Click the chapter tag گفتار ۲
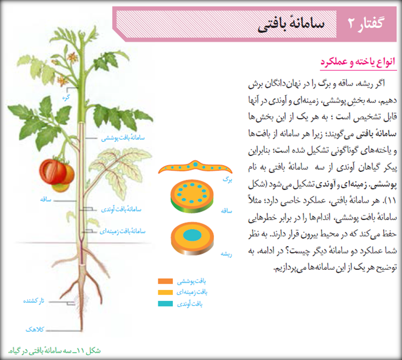366,24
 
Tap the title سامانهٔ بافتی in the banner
291,25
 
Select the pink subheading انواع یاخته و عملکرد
358,62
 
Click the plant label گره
66,97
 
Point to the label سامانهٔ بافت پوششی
123,138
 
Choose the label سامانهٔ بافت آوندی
121,209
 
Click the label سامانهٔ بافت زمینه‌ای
122,231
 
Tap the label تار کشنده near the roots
33,301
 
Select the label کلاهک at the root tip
35,329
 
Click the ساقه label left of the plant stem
46,199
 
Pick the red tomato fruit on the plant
57,172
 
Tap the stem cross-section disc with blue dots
192,196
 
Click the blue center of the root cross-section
192,235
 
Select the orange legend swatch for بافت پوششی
165,281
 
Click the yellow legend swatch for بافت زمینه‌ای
165,292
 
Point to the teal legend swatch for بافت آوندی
165,303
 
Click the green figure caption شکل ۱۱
54,350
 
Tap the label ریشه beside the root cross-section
227,254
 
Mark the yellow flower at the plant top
73,57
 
